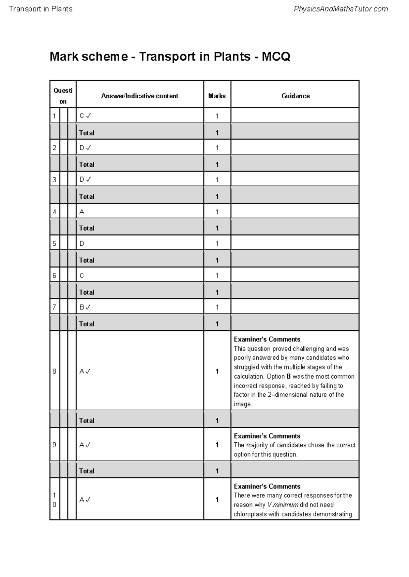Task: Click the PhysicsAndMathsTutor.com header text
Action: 340,9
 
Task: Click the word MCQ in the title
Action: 276,56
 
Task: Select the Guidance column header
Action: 295,96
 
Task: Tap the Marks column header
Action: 217,96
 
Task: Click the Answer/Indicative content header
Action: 139,96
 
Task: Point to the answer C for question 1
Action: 82,116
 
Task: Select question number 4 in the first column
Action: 54,212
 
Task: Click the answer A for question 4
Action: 82,212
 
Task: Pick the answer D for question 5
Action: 82,244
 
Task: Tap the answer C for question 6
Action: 82,276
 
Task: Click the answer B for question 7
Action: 82,307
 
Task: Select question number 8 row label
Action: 54,371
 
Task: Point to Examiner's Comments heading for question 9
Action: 267,436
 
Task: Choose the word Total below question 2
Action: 87,165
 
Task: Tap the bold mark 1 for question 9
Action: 217,445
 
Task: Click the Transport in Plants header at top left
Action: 41,9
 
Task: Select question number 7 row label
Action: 54,307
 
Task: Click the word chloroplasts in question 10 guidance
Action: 250,514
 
